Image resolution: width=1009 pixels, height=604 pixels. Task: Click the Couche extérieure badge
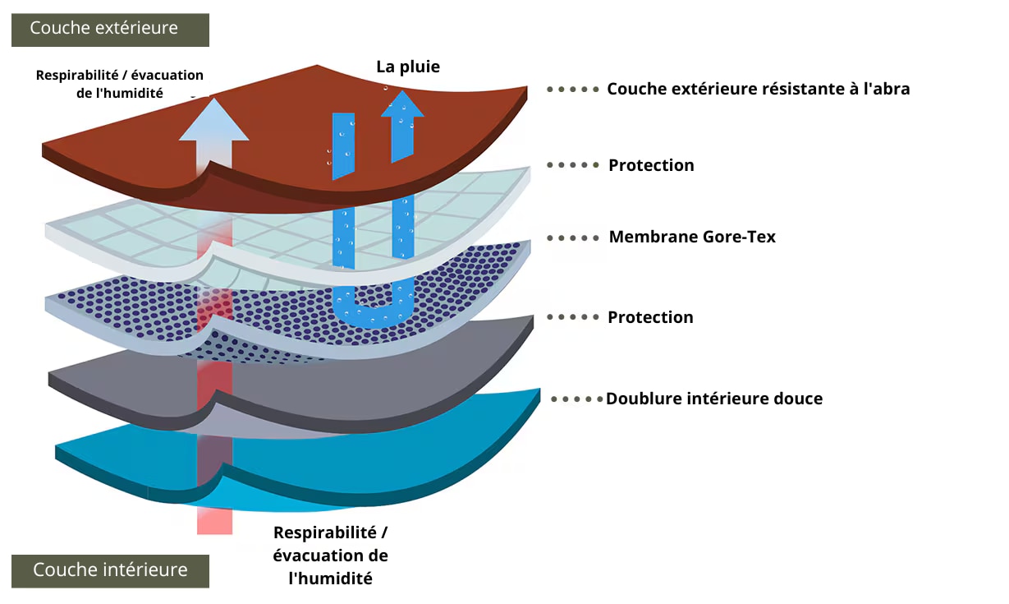coord(110,30)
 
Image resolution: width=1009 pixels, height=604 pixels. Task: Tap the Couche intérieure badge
coord(110,570)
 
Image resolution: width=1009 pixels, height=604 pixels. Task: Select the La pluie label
coord(408,67)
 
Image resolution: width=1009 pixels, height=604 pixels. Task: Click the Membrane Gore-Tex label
coord(691,237)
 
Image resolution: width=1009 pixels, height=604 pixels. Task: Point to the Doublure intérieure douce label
coord(713,399)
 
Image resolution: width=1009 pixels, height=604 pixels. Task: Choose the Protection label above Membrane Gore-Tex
coord(651,165)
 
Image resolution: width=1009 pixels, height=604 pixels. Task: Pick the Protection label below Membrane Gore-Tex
coord(650,317)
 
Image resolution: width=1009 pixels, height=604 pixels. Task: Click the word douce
coord(799,399)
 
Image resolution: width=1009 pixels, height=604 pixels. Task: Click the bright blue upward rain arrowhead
coord(402,104)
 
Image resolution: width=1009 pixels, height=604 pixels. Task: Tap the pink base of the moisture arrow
coord(214,520)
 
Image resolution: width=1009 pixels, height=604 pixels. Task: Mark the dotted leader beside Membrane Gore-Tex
coord(573,237)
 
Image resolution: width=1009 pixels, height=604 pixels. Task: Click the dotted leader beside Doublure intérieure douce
coord(577,399)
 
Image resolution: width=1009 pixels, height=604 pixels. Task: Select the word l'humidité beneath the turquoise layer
coord(331,579)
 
